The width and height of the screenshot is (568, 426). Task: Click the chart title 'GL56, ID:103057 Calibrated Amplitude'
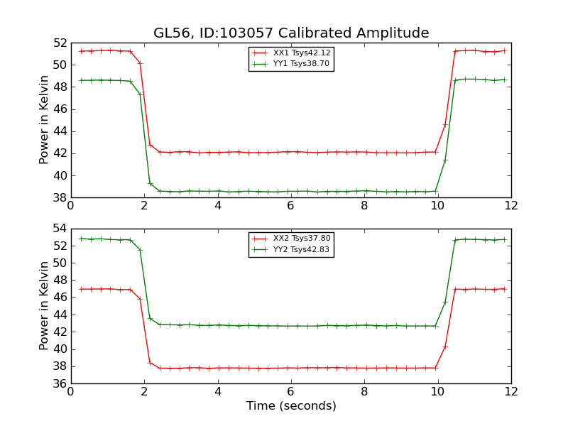(x=291, y=33)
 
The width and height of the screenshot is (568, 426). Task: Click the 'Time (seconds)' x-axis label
(x=291, y=406)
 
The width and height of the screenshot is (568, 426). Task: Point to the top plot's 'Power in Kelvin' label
(x=44, y=119)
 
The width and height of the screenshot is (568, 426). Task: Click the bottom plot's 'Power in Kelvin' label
(x=44, y=305)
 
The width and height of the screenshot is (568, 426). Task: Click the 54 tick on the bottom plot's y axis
(x=59, y=229)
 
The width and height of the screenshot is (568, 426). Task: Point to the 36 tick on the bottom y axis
(x=59, y=384)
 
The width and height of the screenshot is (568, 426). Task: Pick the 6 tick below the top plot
(x=291, y=206)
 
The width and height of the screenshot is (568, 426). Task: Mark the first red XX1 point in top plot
(x=81, y=51)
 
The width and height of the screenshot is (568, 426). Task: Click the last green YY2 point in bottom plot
(x=504, y=239)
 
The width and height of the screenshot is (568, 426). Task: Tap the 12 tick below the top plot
(x=511, y=206)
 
